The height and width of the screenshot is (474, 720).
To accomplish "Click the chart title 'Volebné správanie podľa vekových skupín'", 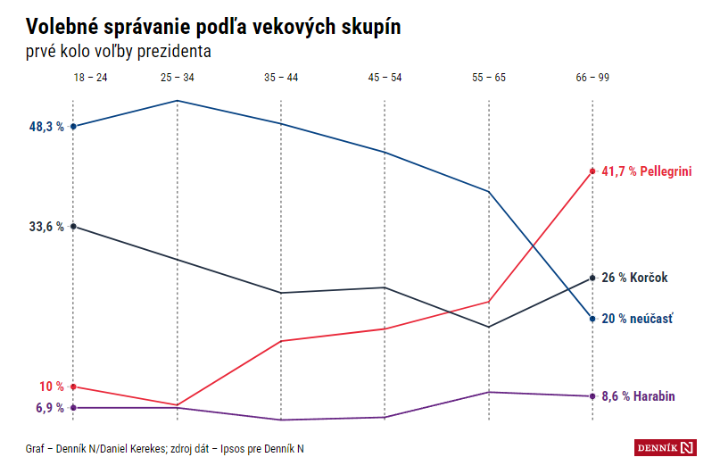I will pos(213,27).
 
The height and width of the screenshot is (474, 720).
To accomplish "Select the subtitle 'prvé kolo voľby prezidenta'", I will pos(119,52).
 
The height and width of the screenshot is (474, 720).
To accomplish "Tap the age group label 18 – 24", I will pos(90,79).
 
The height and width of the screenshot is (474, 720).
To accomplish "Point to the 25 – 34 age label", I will pos(177,79).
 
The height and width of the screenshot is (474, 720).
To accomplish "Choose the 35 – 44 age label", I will pos(281,79).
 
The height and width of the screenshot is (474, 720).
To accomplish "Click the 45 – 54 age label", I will pos(385,79).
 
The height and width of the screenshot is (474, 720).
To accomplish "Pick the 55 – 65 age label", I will pos(489,79).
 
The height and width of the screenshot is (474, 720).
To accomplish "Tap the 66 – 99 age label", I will pos(592,79).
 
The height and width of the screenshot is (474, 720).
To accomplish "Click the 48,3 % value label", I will pos(46,127).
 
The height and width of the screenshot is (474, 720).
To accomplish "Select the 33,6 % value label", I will pos(46,227).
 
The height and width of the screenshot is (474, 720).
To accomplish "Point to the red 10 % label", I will pos(52,387).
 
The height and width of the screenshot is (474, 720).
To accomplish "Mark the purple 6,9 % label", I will pos(49,408).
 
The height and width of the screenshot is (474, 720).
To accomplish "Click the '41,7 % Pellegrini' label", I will pos(647,170).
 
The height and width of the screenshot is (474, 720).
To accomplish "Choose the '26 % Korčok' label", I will pos(634,278).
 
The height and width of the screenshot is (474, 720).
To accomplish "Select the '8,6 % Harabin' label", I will pos(639,396).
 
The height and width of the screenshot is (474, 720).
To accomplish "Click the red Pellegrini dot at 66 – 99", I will pos(592,170).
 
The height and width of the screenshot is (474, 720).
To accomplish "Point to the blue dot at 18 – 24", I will pos(73,127).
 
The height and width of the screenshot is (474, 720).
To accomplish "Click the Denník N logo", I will pos(665,446).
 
